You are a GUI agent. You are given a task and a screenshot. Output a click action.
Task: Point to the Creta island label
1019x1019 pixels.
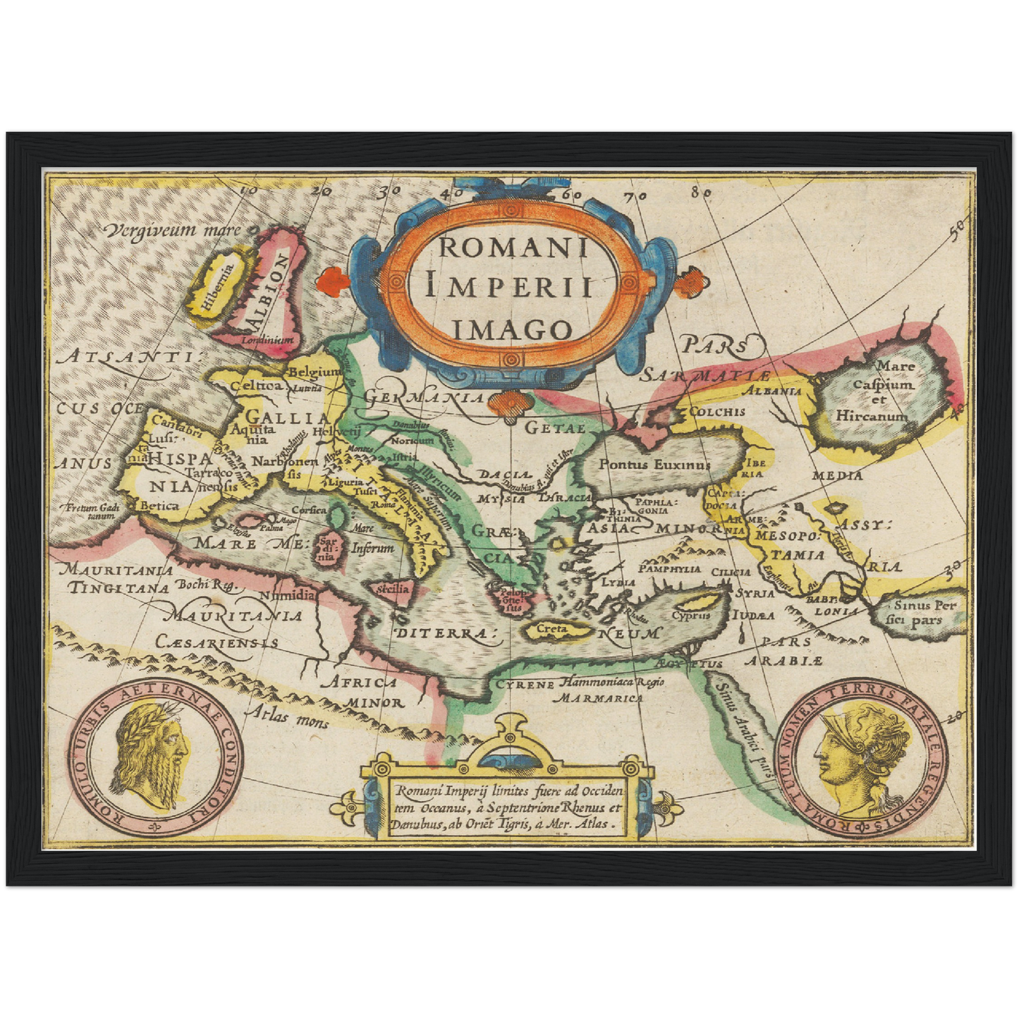click(552, 628)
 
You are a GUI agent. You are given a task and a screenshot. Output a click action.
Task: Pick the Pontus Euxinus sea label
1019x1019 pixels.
click(654, 465)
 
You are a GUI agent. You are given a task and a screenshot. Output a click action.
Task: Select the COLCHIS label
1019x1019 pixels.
click(716, 412)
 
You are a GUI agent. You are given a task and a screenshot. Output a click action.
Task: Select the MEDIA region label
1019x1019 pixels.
click(837, 476)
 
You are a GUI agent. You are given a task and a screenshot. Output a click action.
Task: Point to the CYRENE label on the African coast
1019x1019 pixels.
click(524, 684)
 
